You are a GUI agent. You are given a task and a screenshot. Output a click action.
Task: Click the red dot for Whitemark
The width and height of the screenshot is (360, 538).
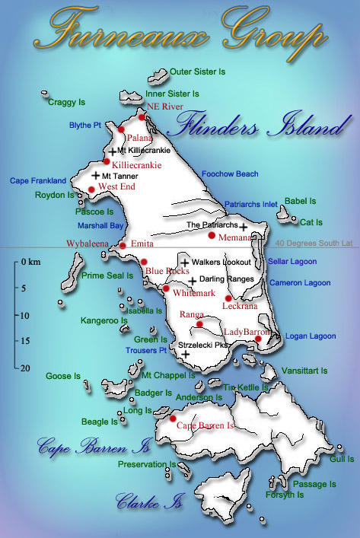pos(167,288)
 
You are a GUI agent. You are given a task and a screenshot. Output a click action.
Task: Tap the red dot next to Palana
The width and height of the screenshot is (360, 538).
pos(121,130)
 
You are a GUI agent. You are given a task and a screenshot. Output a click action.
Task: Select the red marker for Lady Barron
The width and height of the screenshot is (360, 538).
pos(258,339)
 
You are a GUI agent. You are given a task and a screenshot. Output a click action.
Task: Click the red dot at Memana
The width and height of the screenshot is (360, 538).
pos(212,236)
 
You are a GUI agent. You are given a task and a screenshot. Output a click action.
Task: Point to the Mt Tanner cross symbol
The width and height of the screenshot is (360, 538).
pos(95,175)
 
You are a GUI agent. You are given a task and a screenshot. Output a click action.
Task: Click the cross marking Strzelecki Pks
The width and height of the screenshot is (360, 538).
pos(186,354)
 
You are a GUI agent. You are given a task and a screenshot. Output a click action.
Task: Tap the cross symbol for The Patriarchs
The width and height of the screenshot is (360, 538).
pos(244,226)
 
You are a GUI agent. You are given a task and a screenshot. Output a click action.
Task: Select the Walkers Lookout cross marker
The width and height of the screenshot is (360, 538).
pos(183,262)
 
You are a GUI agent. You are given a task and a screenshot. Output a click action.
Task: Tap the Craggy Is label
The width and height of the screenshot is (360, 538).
pos(66,101)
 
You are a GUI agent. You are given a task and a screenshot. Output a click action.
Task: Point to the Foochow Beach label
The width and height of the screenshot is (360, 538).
pos(230,174)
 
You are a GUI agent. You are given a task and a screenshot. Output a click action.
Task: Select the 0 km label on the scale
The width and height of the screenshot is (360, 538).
pos(30,263)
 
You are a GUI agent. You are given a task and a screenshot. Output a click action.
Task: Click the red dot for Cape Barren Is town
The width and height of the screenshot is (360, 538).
pos(173,419)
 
